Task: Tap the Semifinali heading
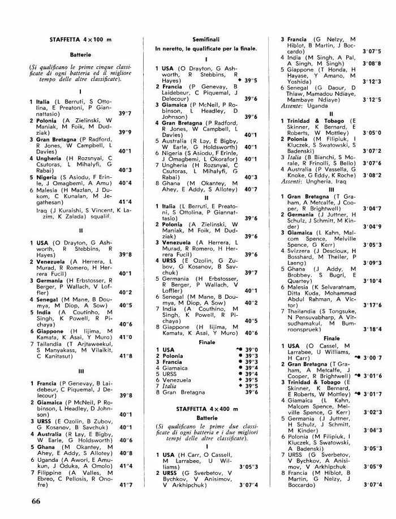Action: [x=205, y=40]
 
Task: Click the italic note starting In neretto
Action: [x=206, y=49]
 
